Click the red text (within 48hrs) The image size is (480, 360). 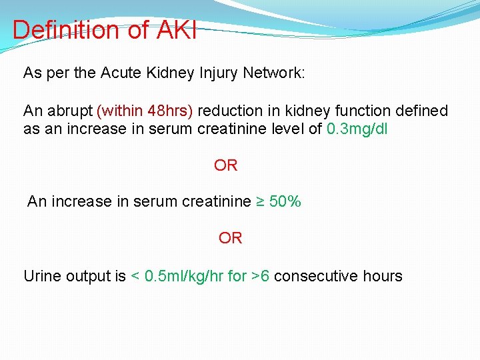click(145, 111)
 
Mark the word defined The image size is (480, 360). click(423, 111)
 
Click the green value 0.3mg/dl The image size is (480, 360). click(357, 129)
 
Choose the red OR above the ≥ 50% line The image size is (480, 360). click(226, 165)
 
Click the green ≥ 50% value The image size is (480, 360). click(279, 201)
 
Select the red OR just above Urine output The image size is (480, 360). click(231, 238)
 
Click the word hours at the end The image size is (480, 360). click(383, 276)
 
